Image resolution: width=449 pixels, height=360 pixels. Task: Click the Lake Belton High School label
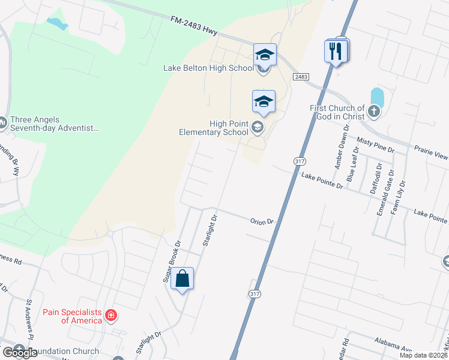[208, 68]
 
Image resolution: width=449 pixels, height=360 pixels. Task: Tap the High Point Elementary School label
[213, 128]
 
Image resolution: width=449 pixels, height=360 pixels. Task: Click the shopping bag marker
[182, 279]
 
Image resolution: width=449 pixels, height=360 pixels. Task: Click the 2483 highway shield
[301, 77]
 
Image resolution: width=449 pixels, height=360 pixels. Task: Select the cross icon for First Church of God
[373, 111]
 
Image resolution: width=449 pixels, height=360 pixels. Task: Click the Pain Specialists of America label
[72, 316]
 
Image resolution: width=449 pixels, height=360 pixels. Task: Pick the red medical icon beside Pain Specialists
[110, 315]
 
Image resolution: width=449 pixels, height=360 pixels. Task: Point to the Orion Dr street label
[262, 221]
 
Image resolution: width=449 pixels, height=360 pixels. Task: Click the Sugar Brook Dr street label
[172, 262]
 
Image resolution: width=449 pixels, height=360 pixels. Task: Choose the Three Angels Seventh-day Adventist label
[53, 124]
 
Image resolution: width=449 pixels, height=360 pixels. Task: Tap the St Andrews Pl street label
[28, 318]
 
